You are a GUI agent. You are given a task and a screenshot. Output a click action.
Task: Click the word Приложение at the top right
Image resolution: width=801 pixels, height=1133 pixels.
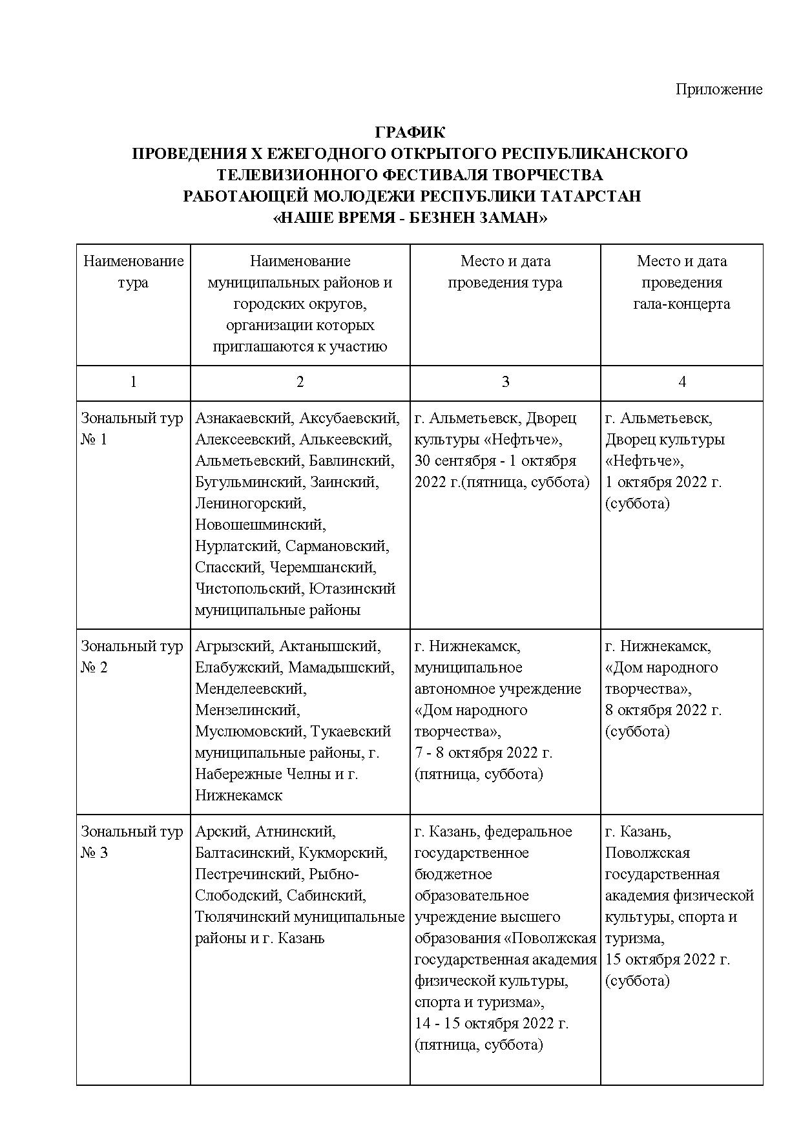pos(718,89)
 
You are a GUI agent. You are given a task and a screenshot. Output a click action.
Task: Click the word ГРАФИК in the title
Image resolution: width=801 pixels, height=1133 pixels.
pos(410,132)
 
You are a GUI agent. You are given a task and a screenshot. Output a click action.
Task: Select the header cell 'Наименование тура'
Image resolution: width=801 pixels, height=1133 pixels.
pos(133,272)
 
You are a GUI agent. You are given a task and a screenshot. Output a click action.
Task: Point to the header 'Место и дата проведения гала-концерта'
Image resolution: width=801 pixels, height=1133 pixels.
pos(681,282)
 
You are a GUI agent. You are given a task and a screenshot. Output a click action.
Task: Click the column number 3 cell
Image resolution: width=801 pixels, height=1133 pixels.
pos(505,382)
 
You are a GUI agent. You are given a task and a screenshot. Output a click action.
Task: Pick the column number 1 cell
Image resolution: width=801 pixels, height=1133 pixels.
pos(133,382)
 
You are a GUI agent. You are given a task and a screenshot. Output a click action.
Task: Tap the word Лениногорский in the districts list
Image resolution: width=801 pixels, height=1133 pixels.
pos(249,503)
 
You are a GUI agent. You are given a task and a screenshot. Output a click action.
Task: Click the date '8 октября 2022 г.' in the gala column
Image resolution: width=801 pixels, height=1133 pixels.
pos(663,710)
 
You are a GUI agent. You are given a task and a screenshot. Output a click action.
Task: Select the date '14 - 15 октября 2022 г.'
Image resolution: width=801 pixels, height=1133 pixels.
pos(491,1024)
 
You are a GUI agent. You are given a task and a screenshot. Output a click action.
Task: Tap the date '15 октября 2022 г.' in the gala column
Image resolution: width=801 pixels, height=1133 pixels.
pos(667,959)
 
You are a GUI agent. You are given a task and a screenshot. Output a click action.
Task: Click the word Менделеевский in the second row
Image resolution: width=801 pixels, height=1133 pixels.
pos(251,689)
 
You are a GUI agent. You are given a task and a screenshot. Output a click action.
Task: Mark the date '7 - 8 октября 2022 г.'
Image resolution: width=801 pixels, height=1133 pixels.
pos(483,753)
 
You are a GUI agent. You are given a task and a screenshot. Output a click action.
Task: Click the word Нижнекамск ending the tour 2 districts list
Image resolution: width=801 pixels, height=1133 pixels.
pos(238,795)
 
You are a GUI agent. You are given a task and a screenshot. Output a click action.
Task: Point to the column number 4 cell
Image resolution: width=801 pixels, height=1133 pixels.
pos(681,382)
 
